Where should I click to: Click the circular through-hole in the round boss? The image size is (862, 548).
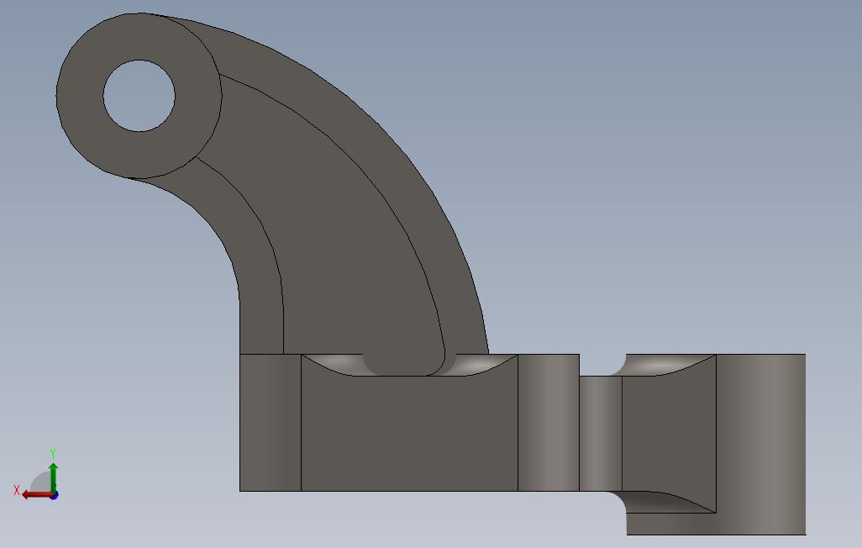coord(139,96)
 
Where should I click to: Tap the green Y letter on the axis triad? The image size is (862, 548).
coord(53,454)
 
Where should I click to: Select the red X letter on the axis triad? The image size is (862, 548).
coord(16,490)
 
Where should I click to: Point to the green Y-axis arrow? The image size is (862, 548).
coord(53,477)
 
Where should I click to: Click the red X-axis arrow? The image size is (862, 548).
coord(35,494)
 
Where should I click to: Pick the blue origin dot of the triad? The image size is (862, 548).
coord(53,495)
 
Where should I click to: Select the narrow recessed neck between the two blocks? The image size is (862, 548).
coord(601,433)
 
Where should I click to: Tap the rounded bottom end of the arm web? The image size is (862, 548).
coord(403,365)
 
